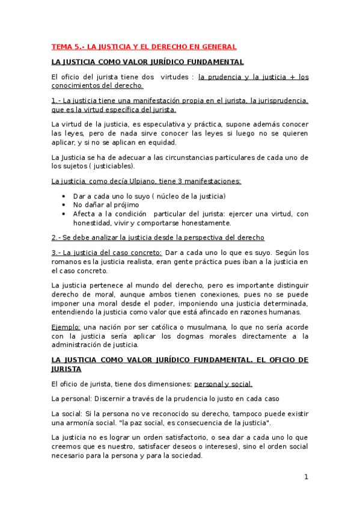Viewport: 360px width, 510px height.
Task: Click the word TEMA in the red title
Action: point(61,46)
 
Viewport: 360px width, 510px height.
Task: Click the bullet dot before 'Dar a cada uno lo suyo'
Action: point(64,197)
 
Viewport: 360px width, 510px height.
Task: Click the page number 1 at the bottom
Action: point(306,477)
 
